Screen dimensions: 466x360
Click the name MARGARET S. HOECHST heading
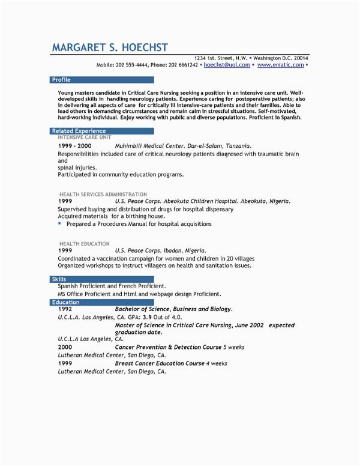(x=110, y=47)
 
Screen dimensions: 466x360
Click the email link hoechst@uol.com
(x=227, y=64)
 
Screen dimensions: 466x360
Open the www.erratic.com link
(x=280, y=64)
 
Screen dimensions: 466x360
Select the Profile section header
(x=62, y=79)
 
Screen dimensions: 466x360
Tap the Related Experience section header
(x=79, y=130)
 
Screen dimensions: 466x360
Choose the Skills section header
(x=59, y=279)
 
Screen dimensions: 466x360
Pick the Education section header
(x=65, y=302)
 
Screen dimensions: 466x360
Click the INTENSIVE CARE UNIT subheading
(x=84, y=138)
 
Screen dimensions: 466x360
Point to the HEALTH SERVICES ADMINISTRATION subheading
(x=103, y=195)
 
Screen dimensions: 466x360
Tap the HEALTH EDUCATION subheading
(x=84, y=244)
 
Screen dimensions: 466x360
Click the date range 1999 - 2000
(x=75, y=146)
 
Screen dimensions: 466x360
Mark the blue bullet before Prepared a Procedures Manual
(x=60, y=223)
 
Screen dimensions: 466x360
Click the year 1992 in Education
(x=65, y=309)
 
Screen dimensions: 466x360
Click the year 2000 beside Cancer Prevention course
(x=65, y=348)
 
